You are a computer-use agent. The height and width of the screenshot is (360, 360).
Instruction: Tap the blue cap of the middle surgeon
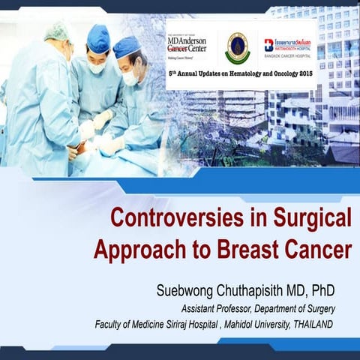pyautogui.click(x=97, y=37)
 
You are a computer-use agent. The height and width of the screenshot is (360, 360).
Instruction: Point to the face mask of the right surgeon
pyautogui.click(x=130, y=77)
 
